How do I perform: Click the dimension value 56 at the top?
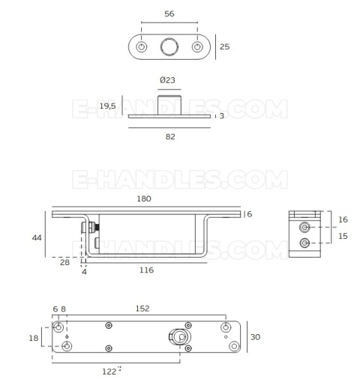click(169, 14)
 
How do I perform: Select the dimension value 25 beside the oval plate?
click(224, 46)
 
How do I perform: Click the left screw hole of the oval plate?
click(141, 47)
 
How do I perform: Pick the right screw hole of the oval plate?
click(198, 47)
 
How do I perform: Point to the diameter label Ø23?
click(167, 80)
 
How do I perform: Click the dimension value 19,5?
click(107, 106)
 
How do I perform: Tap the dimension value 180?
click(144, 198)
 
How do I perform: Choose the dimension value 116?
click(145, 270)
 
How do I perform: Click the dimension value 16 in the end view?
click(343, 219)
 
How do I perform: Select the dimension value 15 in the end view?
click(343, 237)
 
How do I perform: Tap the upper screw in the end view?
click(304, 227)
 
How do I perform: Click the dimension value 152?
click(142, 309)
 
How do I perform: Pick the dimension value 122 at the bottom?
click(109, 370)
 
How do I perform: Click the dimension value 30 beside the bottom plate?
click(255, 337)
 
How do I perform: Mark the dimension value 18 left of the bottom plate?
click(33, 338)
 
